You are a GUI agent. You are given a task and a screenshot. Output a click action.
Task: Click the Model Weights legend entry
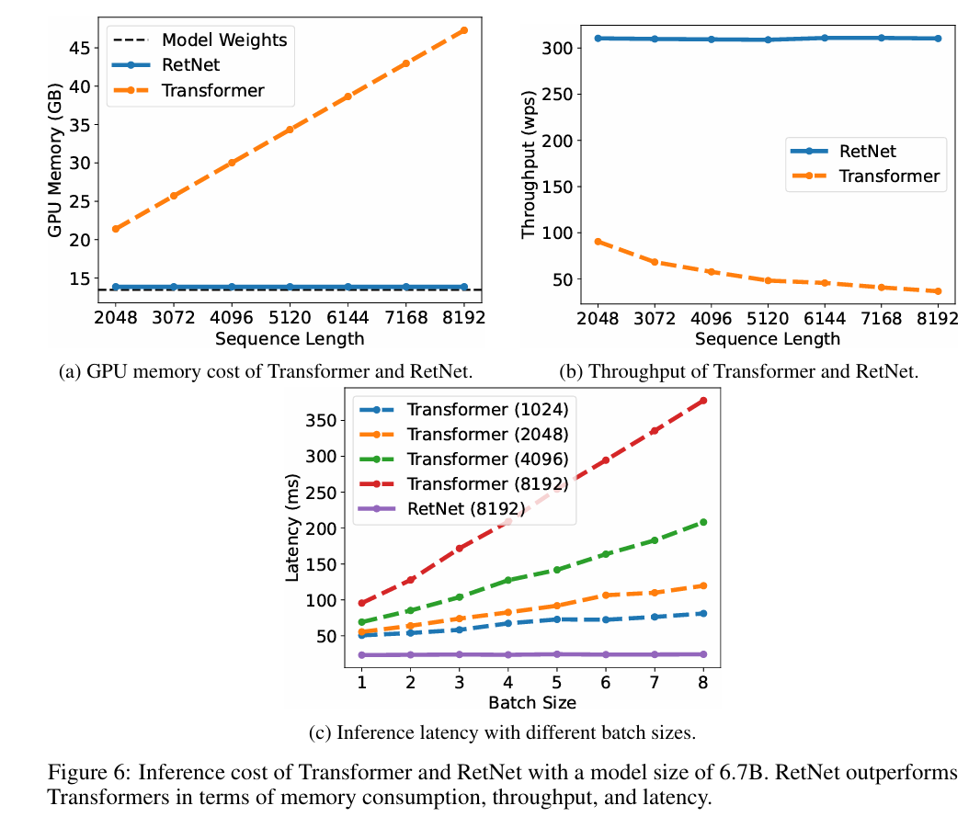(223, 40)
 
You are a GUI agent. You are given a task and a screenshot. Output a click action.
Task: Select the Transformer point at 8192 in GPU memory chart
(463, 30)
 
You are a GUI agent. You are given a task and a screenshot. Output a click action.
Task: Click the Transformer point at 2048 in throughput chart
(598, 242)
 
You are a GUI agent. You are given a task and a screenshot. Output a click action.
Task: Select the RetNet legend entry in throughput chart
(867, 151)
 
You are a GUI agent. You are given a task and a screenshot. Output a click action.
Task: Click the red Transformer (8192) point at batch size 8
(703, 401)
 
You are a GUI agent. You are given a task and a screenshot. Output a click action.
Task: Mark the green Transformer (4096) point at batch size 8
(703, 522)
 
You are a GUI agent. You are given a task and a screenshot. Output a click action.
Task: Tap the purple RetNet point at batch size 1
(362, 655)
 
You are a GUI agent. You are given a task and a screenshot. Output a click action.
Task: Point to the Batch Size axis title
(532, 703)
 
